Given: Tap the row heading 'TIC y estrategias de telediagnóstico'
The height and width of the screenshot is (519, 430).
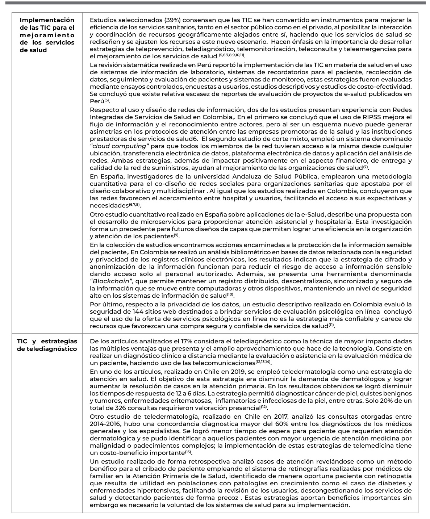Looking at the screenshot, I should tap(47, 345).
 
